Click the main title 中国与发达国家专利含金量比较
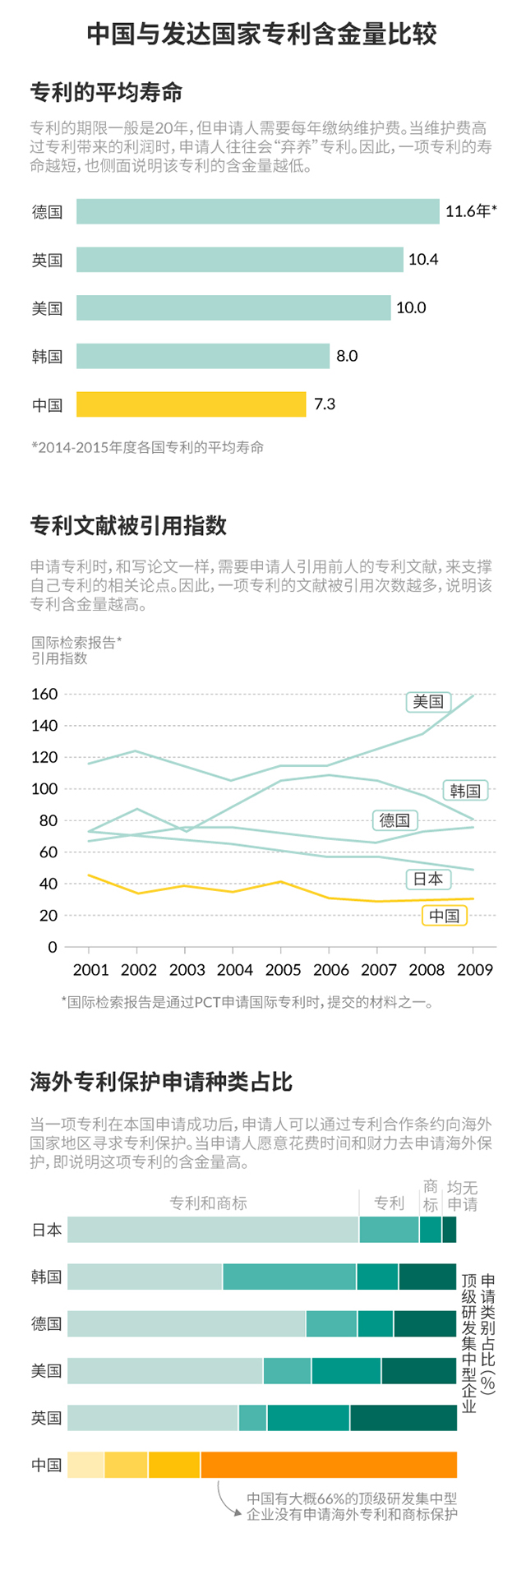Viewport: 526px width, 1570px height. click(262, 34)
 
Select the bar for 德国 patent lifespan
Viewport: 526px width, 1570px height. click(257, 211)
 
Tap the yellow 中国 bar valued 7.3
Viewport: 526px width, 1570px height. click(191, 404)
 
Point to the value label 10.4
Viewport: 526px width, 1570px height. click(423, 260)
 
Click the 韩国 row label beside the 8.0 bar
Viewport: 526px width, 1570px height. click(48, 356)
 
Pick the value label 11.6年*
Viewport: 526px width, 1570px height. click(471, 211)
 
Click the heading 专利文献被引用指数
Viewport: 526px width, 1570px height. click(128, 526)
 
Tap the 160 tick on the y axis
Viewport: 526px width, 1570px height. click(44, 694)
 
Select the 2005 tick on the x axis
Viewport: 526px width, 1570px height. click(284, 970)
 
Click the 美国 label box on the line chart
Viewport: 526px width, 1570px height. click(428, 701)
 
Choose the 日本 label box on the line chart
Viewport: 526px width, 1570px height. click(428, 880)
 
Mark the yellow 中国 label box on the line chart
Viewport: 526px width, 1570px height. click(445, 916)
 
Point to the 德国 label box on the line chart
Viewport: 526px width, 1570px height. click(394, 820)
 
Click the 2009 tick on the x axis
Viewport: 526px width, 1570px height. click(475, 970)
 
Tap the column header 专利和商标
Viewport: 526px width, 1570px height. click(208, 1203)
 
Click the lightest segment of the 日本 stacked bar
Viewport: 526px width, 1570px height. click(213, 1230)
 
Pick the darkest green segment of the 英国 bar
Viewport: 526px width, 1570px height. click(403, 1418)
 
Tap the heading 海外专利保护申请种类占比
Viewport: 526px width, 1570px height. click(161, 1082)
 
